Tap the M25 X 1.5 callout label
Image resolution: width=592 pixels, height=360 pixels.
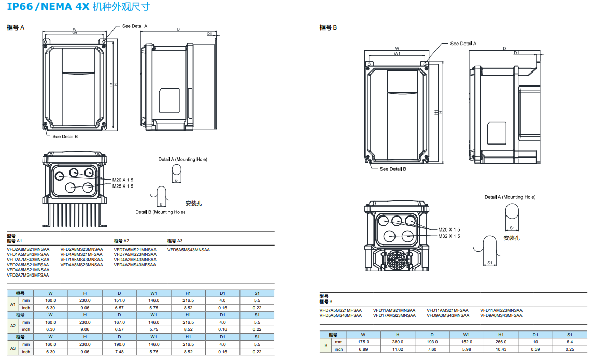tap(122, 186)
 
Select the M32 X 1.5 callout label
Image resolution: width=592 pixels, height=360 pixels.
tap(449, 236)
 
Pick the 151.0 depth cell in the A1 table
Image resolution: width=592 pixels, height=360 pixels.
tap(119, 300)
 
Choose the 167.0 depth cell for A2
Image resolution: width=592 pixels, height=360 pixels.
tap(119, 322)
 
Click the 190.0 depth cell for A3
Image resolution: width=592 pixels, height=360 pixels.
tap(119, 344)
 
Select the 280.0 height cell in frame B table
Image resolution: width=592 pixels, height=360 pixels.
tap(398, 342)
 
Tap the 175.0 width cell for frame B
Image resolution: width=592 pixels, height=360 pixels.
tap(363, 342)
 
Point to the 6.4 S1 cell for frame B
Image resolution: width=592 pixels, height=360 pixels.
tap(570, 342)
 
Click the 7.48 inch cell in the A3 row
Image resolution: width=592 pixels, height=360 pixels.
tap(119, 352)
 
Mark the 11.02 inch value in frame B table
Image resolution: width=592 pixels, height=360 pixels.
tap(398, 349)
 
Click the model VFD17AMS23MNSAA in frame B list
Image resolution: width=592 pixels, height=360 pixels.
tap(394, 315)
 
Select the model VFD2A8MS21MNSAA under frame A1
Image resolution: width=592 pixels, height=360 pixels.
tap(28, 249)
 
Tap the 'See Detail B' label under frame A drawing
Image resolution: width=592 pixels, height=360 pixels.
tap(65, 137)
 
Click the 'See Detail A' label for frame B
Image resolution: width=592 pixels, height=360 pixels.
tap(463, 44)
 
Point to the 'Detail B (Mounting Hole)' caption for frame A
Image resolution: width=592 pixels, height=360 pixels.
tap(160, 212)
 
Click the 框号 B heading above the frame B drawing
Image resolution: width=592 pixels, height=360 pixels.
tap(328, 27)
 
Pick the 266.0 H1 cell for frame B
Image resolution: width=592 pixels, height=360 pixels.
tap(501, 342)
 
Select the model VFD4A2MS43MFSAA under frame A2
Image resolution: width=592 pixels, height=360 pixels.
tap(135, 265)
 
